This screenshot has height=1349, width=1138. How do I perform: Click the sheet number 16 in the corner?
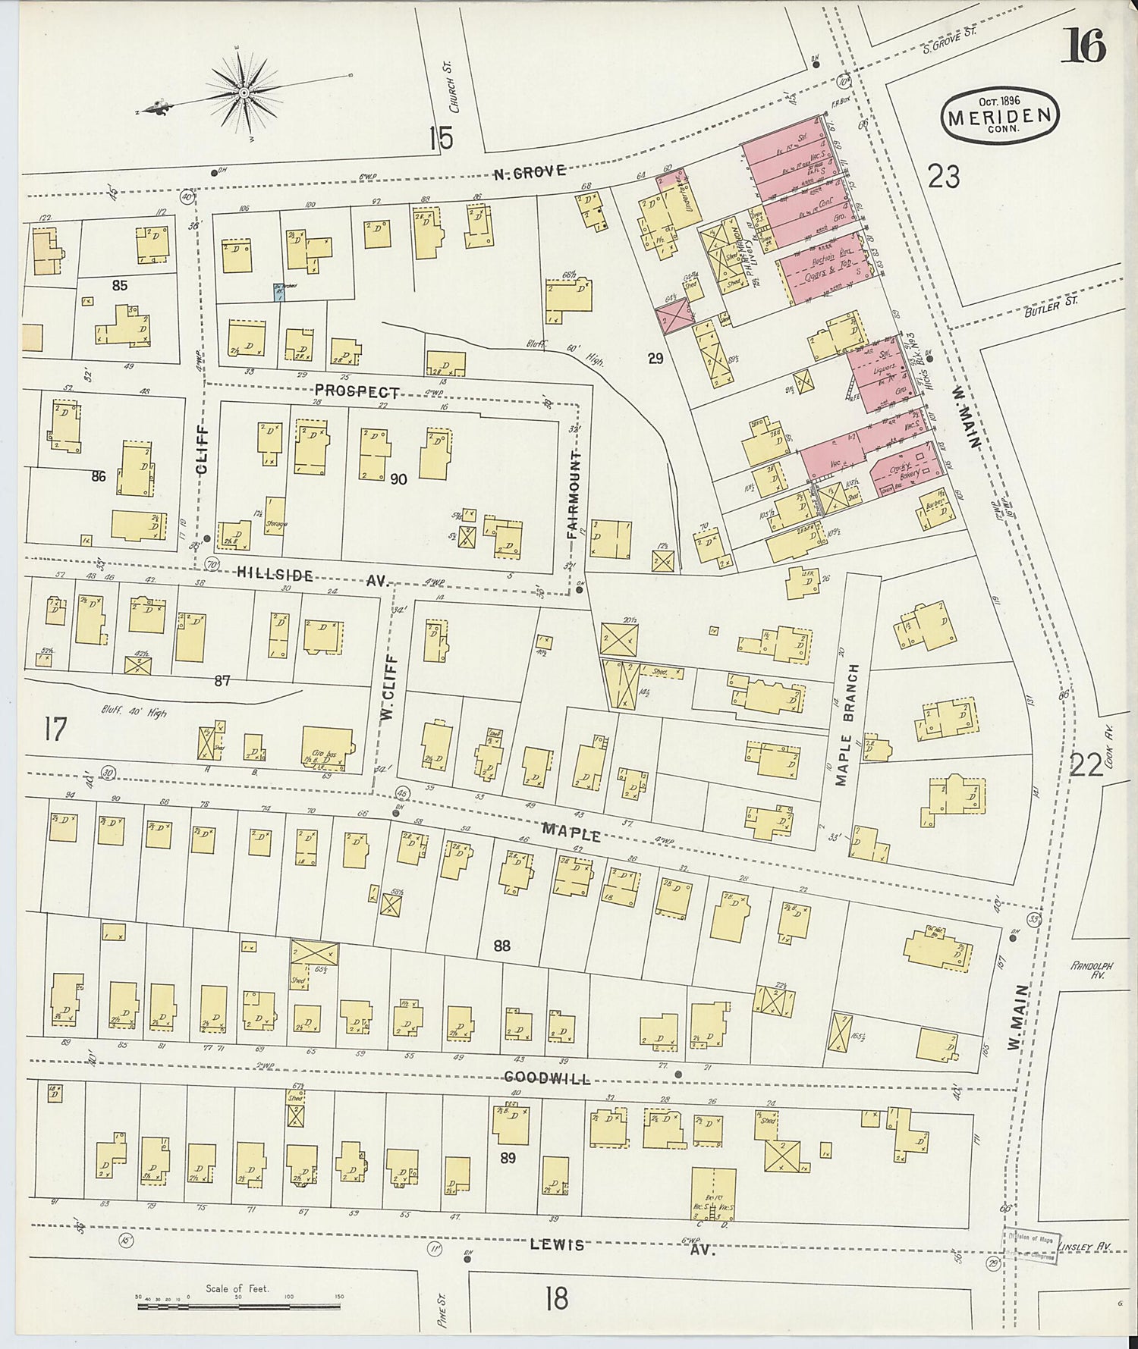(1083, 45)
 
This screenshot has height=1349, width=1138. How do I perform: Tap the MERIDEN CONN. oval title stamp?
(999, 116)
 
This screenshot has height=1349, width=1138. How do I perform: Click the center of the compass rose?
(244, 93)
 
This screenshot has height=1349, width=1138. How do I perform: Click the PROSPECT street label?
(357, 392)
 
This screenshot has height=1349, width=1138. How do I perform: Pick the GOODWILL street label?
(547, 1078)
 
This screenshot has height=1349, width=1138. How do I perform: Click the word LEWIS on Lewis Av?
(557, 1244)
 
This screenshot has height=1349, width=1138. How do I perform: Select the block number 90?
(398, 479)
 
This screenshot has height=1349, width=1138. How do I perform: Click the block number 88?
(501, 946)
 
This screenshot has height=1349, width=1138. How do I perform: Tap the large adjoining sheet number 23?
(943, 177)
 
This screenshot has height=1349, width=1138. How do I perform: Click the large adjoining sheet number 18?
(556, 1298)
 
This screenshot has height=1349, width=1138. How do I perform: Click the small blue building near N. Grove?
(278, 291)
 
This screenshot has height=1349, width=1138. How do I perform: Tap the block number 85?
(119, 286)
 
